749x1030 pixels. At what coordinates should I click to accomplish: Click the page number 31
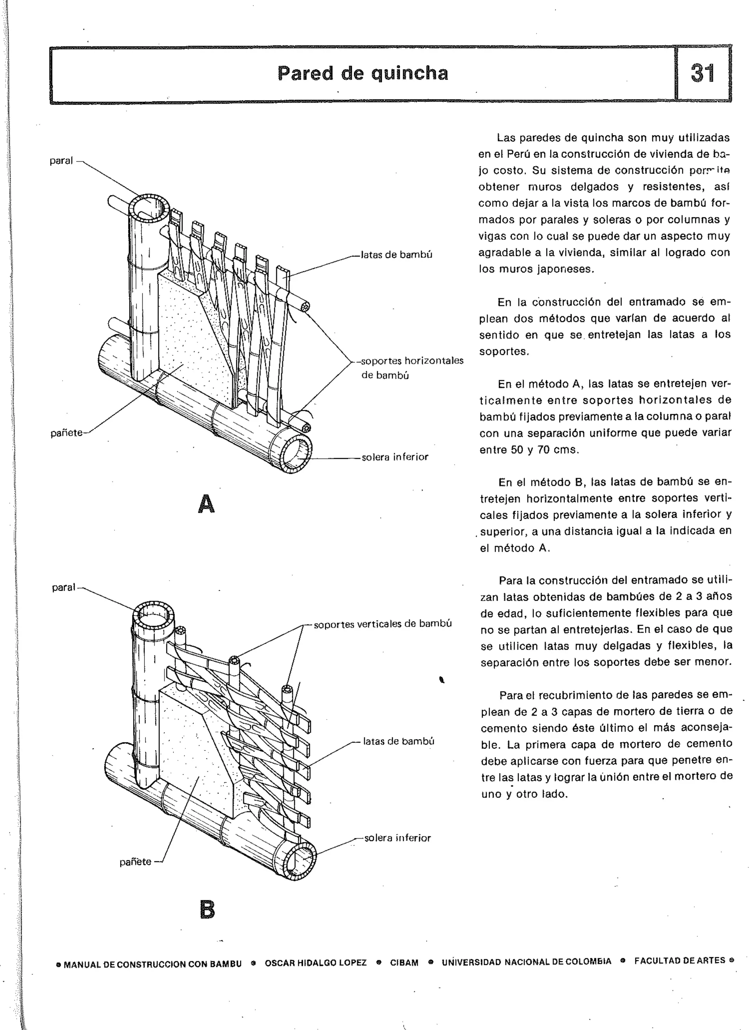pyautogui.click(x=702, y=73)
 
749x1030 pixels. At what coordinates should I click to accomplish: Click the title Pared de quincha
pyautogui.click(x=363, y=73)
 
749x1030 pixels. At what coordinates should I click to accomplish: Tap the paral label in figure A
pyautogui.click(x=61, y=161)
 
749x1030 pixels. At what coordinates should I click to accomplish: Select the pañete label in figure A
pyautogui.click(x=66, y=433)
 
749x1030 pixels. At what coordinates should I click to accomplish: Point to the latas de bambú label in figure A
pyautogui.click(x=396, y=255)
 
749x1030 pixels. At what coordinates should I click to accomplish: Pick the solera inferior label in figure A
pyautogui.click(x=395, y=457)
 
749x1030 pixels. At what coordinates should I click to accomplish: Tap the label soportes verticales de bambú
pyautogui.click(x=383, y=624)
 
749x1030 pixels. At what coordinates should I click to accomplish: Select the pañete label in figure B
pyautogui.click(x=135, y=862)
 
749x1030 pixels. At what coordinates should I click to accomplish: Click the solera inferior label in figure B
pyautogui.click(x=397, y=838)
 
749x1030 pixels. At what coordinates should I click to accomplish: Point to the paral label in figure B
pyautogui.click(x=64, y=587)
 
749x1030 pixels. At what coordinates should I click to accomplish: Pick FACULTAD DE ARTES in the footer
pyautogui.click(x=680, y=960)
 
